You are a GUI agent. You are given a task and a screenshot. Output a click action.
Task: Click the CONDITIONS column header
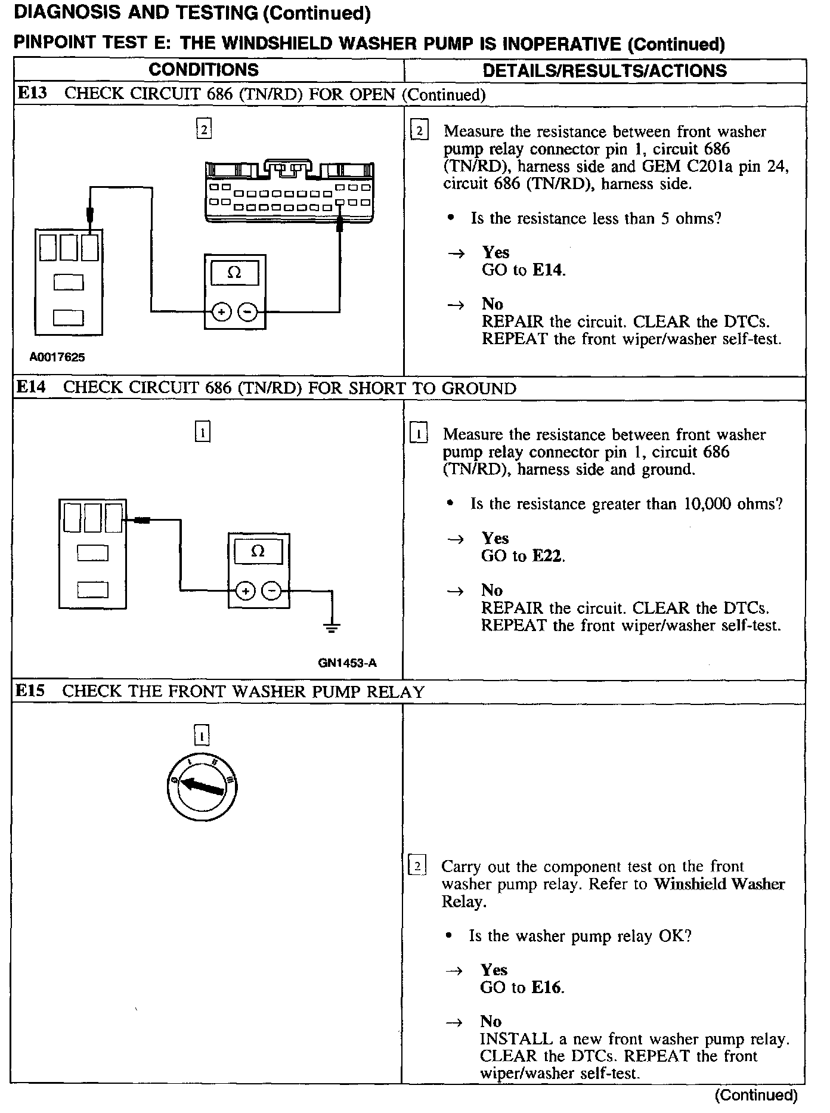tap(203, 70)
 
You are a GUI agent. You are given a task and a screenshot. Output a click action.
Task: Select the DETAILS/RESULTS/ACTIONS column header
tap(605, 71)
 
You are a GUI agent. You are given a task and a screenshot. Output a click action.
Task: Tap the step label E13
tap(32, 94)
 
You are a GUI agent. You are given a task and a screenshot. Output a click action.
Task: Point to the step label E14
tap(31, 387)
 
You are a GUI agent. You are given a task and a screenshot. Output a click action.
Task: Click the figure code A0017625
tap(57, 357)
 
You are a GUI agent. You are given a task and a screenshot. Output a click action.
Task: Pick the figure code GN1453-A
tap(347, 663)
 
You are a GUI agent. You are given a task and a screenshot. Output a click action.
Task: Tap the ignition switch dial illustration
tap(202, 788)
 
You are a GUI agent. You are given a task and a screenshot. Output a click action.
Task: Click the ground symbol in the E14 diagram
tap(332, 626)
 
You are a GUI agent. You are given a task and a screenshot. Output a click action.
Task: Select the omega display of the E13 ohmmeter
tap(234, 273)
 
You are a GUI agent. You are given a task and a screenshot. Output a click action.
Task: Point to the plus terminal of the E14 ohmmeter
tap(245, 591)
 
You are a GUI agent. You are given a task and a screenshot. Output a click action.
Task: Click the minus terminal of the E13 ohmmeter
tap(248, 311)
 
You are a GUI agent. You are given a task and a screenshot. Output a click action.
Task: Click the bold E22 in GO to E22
tap(547, 556)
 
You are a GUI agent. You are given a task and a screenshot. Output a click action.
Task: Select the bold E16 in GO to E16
tap(547, 987)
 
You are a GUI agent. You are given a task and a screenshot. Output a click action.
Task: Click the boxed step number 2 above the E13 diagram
tap(204, 129)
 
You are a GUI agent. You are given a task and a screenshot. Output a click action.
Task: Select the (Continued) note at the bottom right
tap(755, 1095)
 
